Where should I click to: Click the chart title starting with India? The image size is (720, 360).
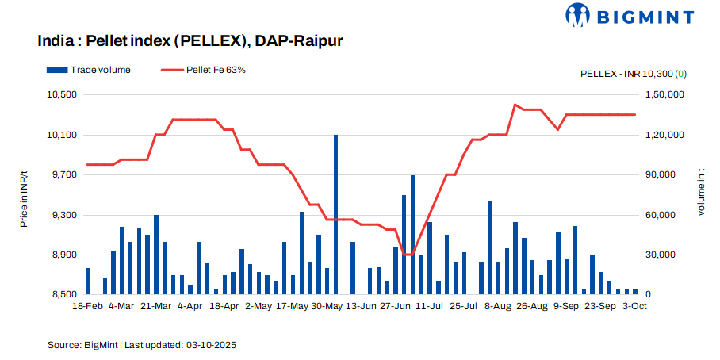pyautogui.click(x=190, y=40)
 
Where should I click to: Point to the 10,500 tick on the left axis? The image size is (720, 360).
pyautogui.click(x=63, y=95)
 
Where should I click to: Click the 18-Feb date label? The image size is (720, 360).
pyautogui.click(x=87, y=305)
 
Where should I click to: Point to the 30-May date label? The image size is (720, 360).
pyautogui.click(x=326, y=305)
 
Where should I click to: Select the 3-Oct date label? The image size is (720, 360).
pyautogui.click(x=634, y=305)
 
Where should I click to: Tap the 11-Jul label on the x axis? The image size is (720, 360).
pyautogui.click(x=429, y=305)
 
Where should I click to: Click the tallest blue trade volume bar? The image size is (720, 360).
pyautogui.click(x=335, y=214)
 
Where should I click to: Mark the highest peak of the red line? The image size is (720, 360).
pyautogui.click(x=515, y=104)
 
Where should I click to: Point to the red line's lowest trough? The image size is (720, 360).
pyautogui.click(x=408, y=255)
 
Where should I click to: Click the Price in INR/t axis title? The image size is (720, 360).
pyautogui.click(x=25, y=195)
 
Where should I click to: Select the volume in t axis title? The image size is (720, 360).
pyautogui.click(x=701, y=195)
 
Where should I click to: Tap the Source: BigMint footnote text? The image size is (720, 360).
pyautogui.click(x=142, y=346)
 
